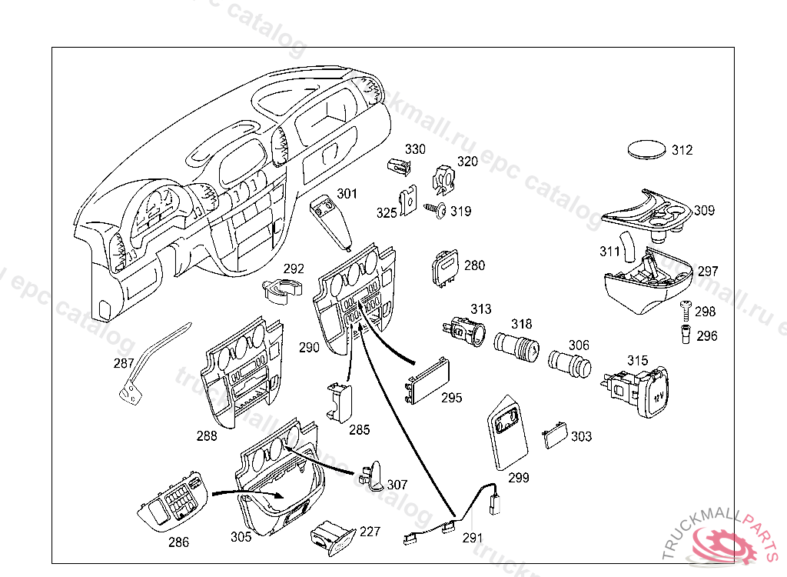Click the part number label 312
coord(682,151)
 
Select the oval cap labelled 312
coord(645,149)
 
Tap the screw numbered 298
coord(685,309)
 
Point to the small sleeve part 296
coord(684,335)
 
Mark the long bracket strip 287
coord(150,362)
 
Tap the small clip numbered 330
coord(396,166)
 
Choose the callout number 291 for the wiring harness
coord(473,538)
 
